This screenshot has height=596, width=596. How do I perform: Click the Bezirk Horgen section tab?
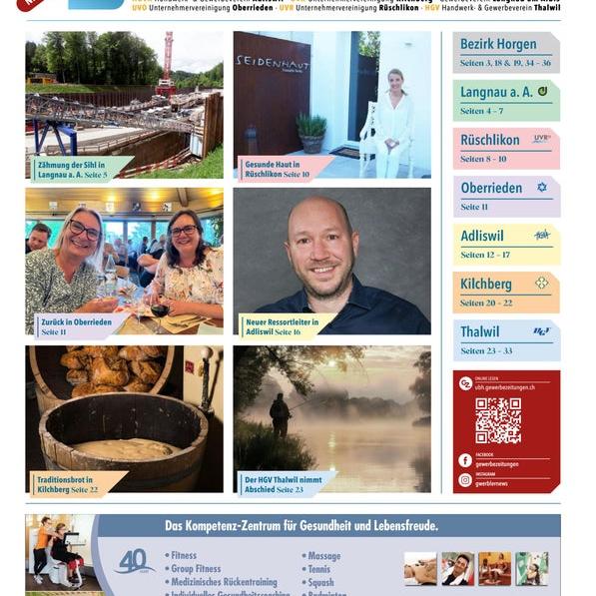pos(505,52)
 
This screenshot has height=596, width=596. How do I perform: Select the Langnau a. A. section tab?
pos(505,100)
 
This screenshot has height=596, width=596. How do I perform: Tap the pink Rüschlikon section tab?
pos(505,148)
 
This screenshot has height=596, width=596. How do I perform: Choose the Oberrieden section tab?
pos(505,196)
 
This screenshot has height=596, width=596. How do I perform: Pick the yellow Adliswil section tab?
pos(505,244)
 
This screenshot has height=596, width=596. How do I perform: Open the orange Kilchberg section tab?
pos(505,292)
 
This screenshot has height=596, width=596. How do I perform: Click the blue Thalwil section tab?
pos(505,339)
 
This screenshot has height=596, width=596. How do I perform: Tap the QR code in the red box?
pos(498,420)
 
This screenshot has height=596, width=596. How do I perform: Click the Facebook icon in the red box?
pos(465,460)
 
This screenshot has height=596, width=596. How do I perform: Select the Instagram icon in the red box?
pos(465,480)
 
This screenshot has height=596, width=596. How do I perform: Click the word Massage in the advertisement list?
pos(324,556)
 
